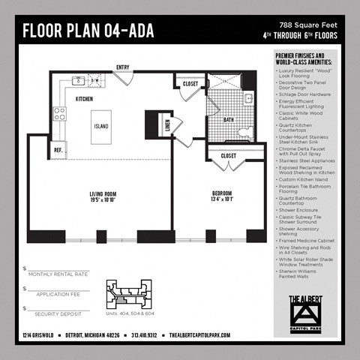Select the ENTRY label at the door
(x=123, y=67)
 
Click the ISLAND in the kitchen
(x=102, y=127)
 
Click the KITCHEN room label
(x=84, y=98)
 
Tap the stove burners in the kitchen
(x=59, y=114)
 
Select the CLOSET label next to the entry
(x=191, y=84)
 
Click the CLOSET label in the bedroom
(x=229, y=156)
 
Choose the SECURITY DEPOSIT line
(x=55, y=314)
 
